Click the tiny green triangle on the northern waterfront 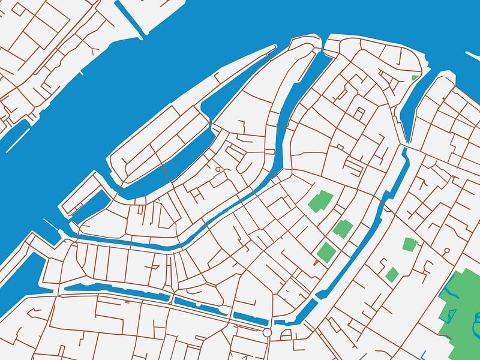(415, 77)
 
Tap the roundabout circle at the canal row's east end (268, 332)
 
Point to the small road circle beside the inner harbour (218, 170)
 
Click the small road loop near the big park (446, 250)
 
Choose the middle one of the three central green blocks (343, 229)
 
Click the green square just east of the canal (410, 244)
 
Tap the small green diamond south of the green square (392, 274)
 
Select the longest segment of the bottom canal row (114, 291)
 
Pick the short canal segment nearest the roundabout (249, 318)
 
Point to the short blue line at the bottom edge (424, 354)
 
